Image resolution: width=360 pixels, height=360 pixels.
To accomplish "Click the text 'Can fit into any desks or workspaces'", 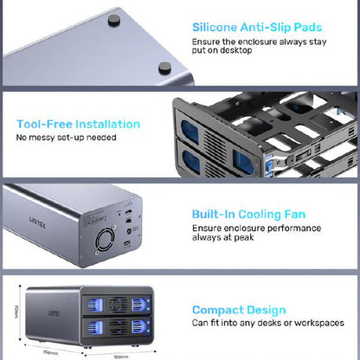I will tap(268, 323).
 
